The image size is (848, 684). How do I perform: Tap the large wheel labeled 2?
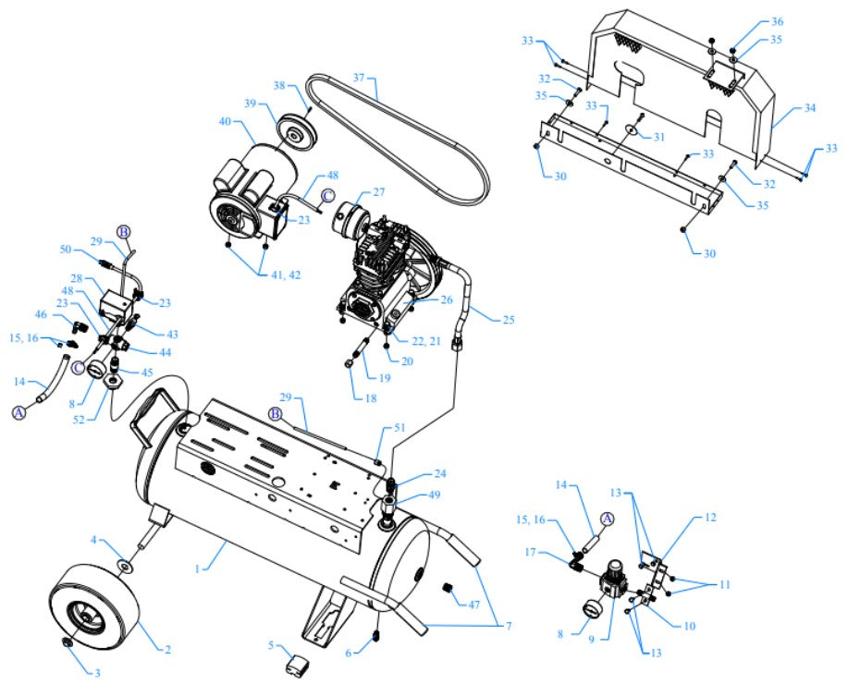(97, 610)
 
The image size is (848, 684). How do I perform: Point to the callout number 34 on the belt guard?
(810, 108)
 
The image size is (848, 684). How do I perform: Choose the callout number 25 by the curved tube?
(509, 321)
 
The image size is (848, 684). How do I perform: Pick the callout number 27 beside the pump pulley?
(380, 193)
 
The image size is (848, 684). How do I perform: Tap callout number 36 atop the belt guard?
(777, 21)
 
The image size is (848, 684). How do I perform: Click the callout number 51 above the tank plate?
(399, 427)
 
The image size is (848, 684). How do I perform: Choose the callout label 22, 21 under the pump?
(428, 342)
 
